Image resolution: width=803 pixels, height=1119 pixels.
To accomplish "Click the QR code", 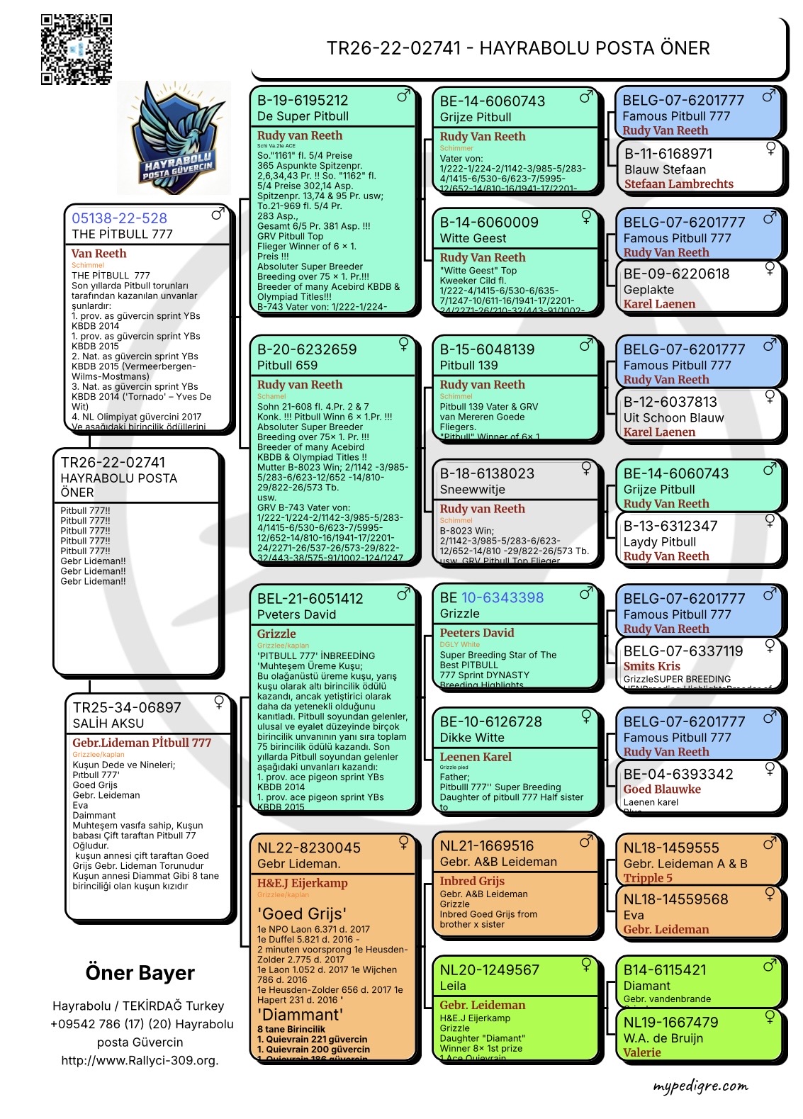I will [x=76, y=50].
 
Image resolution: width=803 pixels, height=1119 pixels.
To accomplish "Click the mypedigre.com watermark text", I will [x=700, y=1086].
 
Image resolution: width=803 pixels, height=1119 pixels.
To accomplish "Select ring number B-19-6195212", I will [x=303, y=101].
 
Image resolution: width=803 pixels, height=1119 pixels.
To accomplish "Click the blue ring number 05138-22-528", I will [x=119, y=218].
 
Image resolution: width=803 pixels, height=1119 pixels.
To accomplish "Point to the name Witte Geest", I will [x=473, y=238].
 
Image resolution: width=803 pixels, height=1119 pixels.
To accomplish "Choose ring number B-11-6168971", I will [x=668, y=154].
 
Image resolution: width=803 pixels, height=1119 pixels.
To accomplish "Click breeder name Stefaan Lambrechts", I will [x=678, y=184].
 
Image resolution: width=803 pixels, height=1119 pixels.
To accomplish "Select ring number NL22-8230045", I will [x=308, y=848].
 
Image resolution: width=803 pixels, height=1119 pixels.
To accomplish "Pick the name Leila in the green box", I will [x=452, y=986].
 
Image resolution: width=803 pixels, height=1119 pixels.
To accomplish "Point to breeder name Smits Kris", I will [x=651, y=666].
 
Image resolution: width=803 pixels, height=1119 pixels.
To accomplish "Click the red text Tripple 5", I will [x=648, y=878].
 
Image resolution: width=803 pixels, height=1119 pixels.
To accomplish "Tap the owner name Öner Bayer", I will [x=140, y=973].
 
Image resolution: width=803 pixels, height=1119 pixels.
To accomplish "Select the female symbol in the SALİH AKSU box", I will [x=220, y=702].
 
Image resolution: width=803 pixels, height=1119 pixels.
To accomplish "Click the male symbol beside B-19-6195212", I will [x=404, y=96].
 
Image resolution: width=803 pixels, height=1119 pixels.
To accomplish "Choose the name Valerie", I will [x=641, y=1052].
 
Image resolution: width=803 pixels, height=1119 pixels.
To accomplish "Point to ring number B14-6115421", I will [x=664, y=969].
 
